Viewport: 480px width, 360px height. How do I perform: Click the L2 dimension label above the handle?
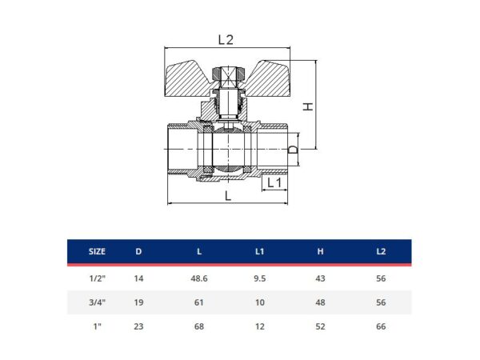[226, 40]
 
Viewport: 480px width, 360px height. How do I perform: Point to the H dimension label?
[308, 106]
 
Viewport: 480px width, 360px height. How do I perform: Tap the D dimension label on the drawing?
[293, 150]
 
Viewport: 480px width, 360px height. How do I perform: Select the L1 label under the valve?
[274, 182]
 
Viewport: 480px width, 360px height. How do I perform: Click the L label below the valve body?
[228, 196]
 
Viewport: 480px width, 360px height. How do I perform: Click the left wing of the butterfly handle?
[188, 79]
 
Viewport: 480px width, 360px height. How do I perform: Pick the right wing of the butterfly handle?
[266, 79]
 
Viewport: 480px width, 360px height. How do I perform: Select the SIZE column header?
[97, 252]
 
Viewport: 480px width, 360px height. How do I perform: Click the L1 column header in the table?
[259, 252]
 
